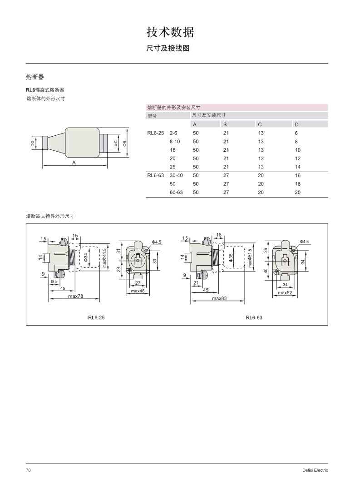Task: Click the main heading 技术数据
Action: (170, 32)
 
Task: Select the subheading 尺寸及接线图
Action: (168, 48)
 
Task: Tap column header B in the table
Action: (225, 124)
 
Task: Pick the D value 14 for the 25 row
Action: (298, 167)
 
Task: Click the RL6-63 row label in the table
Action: (156, 175)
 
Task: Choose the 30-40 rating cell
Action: (176, 175)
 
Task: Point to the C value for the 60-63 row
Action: (261, 193)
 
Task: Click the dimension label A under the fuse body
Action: (74, 163)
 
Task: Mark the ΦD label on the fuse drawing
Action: (33, 143)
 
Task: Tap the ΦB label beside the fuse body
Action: (125, 143)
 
